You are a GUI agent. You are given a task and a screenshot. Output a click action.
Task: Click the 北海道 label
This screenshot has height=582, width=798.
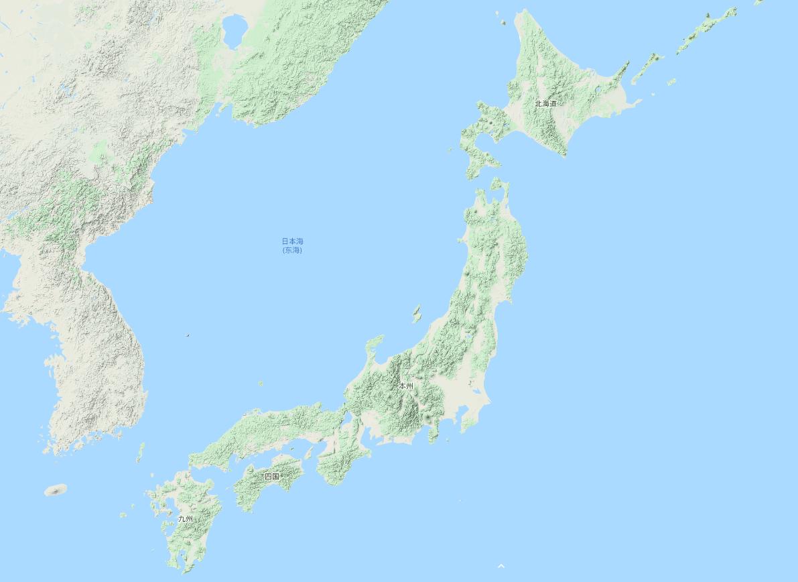545,103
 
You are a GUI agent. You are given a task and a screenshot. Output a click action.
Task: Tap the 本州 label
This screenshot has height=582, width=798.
406,386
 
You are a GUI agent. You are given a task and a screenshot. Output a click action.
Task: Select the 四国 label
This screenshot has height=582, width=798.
271,476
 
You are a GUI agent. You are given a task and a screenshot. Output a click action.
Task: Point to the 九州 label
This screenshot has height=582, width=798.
186,519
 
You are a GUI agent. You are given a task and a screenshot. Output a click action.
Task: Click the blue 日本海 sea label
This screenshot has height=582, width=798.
292,241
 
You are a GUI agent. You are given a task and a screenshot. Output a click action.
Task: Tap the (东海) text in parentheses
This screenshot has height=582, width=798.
292,250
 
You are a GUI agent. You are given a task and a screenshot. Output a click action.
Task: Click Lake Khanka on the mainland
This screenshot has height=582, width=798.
235,30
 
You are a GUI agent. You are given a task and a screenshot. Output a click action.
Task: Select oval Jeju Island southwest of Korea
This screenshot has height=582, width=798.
56,490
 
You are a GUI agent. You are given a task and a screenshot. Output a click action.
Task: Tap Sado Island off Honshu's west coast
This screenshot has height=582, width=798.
417,312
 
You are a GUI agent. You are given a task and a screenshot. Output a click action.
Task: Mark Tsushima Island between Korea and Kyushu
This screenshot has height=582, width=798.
140,452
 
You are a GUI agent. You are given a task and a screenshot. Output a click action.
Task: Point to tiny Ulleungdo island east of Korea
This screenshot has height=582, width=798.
188,335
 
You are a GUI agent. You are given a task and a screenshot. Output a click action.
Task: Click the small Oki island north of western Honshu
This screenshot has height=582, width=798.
261,384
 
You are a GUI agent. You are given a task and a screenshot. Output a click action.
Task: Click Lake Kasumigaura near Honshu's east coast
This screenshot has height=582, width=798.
476,392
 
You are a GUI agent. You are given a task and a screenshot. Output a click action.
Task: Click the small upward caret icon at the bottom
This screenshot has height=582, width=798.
501,567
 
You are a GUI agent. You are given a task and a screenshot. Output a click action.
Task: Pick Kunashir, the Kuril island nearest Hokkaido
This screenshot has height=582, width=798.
648,67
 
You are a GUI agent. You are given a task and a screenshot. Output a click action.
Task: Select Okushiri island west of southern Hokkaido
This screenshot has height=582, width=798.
450,150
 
